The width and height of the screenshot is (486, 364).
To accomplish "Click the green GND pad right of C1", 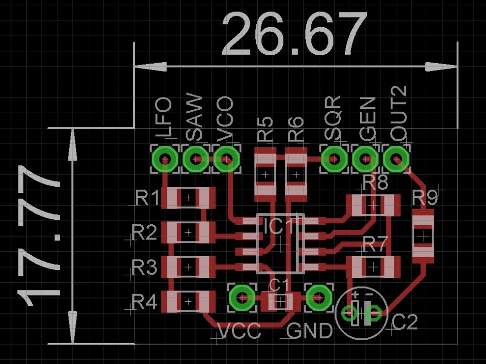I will coord(318,297).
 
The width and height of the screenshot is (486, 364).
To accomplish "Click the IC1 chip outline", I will coord(280,244).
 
